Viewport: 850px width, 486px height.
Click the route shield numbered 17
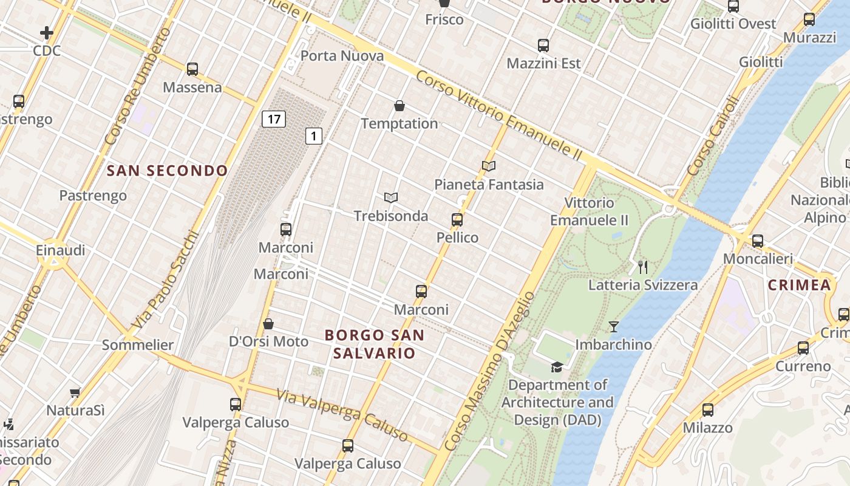tap(274, 118)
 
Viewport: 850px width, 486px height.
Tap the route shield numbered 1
tap(313, 136)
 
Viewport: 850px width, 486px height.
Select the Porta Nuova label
tap(342, 56)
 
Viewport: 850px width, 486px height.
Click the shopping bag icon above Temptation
tap(399, 106)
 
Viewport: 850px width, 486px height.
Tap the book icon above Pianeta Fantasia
tap(489, 166)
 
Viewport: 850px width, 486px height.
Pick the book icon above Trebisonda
tap(391, 197)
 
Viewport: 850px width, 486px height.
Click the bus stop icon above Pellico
tap(457, 220)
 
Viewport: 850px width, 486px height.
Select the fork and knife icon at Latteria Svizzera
tap(643, 267)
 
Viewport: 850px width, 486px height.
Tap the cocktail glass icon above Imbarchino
tap(614, 327)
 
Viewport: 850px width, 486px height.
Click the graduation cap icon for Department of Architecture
tap(557, 367)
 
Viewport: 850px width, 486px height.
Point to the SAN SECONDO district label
tap(167, 171)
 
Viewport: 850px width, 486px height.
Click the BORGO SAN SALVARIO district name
tap(375, 344)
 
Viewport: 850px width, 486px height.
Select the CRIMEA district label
tap(799, 285)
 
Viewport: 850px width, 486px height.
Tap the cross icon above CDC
tap(47, 33)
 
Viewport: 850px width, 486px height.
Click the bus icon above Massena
tap(192, 69)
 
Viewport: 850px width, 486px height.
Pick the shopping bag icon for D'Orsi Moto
tap(268, 324)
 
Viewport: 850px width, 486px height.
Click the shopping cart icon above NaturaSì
tap(75, 393)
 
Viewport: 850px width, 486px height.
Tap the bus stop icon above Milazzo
tap(707, 410)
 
